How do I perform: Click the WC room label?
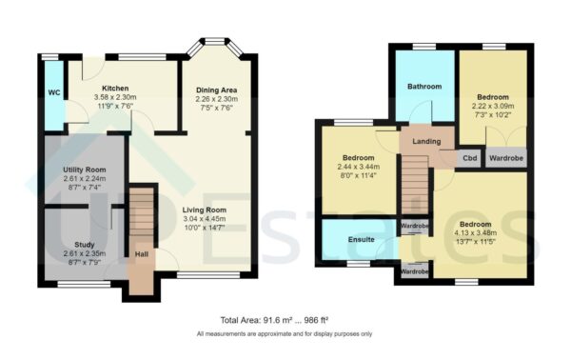click(x=53, y=93)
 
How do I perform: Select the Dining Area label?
click(x=217, y=90)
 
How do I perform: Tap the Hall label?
click(x=141, y=254)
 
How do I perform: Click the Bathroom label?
click(x=424, y=87)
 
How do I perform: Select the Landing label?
click(x=425, y=142)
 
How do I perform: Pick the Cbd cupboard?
click(x=469, y=158)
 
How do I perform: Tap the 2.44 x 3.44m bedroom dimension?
click(x=358, y=167)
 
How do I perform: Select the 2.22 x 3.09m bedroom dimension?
click(x=492, y=107)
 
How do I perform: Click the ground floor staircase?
click(x=141, y=215)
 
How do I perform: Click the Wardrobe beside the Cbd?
click(x=504, y=158)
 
